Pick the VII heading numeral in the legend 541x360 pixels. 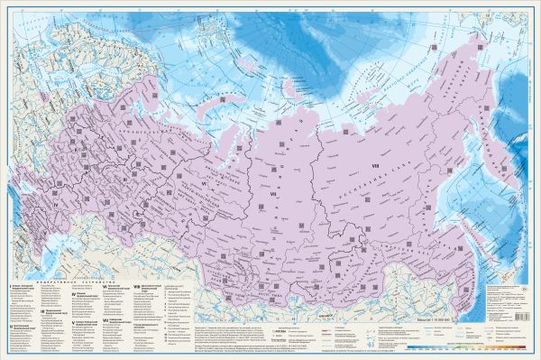point(104,319)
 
